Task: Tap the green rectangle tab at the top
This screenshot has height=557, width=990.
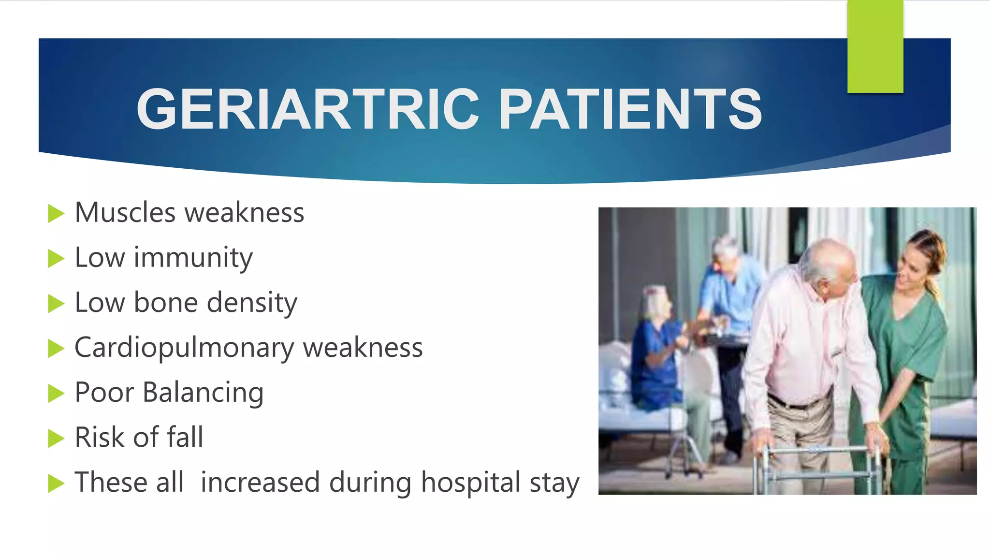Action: click(875, 46)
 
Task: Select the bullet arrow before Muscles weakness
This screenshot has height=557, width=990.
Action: click(56, 213)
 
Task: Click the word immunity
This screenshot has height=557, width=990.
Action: click(193, 258)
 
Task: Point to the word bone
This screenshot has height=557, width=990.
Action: click(165, 303)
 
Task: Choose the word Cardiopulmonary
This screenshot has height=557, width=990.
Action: click(184, 348)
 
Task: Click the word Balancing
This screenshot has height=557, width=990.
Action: click(203, 392)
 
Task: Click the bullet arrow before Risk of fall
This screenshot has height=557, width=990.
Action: click(56, 439)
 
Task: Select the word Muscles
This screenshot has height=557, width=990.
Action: click(125, 213)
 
